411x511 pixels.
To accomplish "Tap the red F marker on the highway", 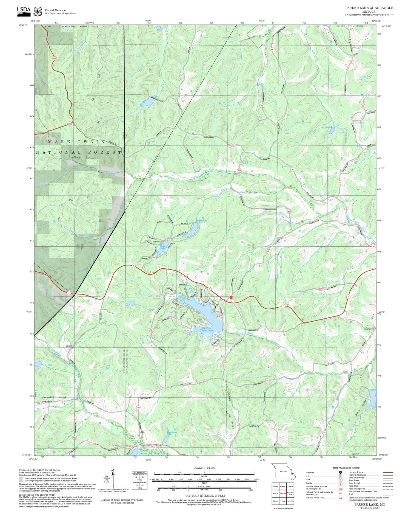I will click(x=231, y=297).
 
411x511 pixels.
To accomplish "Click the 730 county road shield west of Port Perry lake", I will click(x=151, y=330).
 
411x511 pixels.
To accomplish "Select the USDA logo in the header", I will click(x=24, y=10).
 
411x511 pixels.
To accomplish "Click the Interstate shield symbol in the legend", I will click(x=340, y=472).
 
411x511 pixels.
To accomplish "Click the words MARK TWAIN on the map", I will click(x=76, y=142).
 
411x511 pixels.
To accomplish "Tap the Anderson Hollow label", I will click(x=82, y=158).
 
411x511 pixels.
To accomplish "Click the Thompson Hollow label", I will click(x=54, y=398).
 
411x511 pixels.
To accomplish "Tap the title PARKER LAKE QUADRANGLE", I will click(x=369, y=8).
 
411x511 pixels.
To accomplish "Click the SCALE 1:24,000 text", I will click(x=204, y=468).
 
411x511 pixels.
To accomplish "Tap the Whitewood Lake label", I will click(x=172, y=434).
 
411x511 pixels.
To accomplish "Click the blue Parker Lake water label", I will click(x=163, y=247).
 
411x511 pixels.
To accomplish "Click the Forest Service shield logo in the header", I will click(x=37, y=12).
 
